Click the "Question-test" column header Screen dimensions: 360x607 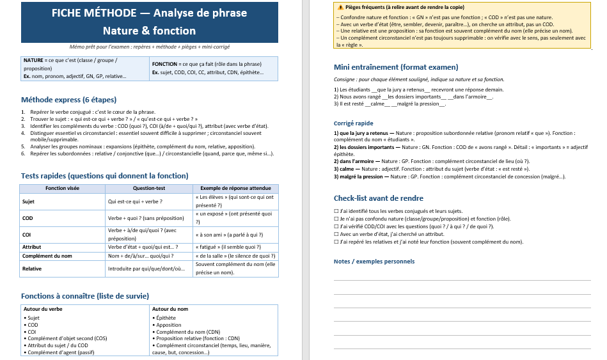click(148, 189)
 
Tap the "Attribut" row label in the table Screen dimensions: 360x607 click(32, 247)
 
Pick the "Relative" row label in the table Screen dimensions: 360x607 click(32, 269)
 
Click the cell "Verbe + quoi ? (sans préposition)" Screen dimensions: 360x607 click(146, 217)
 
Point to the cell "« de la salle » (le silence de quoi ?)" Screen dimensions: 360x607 click(235, 256)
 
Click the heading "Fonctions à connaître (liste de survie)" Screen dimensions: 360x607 click(85, 296)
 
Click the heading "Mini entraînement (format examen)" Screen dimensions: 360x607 click(396, 67)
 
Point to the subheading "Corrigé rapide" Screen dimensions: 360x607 click(353, 123)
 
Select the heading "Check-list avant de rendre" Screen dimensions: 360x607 click(379, 198)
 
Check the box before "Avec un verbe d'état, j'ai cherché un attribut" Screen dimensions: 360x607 click(336, 234)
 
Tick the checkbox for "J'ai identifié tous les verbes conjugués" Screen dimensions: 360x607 click(336, 211)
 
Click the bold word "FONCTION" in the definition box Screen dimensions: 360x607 click(165, 64)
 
